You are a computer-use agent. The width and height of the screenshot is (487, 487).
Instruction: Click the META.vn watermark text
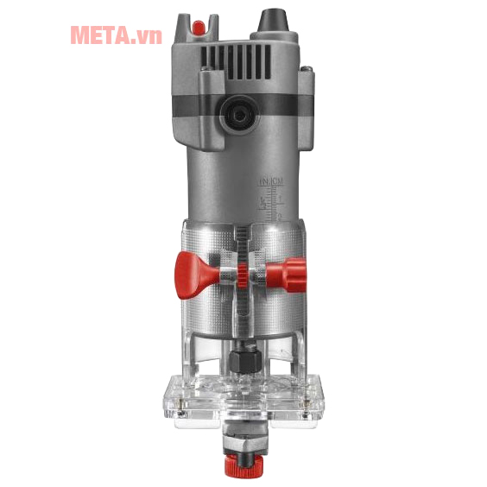[x=116, y=35]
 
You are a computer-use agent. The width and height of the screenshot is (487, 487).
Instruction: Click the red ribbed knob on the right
[x=287, y=273]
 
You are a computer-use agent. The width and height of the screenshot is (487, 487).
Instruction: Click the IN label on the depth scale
[x=264, y=182]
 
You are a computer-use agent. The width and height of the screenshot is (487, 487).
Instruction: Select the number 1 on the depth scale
[x=278, y=198]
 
